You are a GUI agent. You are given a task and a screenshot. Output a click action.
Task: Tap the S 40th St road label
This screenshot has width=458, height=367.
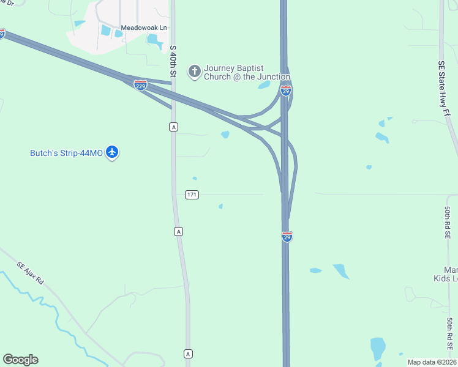click(173, 61)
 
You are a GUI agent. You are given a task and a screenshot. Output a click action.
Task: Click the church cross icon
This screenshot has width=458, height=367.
click(195, 72)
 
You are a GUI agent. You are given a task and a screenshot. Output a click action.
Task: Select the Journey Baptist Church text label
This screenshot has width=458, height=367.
click(247, 72)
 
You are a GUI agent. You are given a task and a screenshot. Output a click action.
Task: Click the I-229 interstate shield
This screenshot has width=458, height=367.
click(140, 84)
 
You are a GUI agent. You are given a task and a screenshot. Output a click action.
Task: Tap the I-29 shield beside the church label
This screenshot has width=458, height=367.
click(286, 91)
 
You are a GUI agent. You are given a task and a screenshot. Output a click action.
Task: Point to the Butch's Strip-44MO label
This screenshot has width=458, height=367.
click(66, 152)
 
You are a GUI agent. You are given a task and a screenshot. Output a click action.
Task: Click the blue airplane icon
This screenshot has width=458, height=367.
click(112, 152)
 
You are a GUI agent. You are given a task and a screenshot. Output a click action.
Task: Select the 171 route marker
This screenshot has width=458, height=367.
click(192, 195)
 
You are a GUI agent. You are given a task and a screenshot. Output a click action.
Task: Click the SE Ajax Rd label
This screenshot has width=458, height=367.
click(31, 272)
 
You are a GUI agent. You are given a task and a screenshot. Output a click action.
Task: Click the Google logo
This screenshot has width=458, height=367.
click(20, 360)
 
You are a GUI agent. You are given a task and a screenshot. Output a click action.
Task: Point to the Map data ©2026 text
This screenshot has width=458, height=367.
click(432, 362)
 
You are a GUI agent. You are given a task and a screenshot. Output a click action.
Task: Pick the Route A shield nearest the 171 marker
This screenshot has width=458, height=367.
click(178, 231)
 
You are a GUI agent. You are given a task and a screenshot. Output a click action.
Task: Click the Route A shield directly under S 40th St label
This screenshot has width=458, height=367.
click(174, 127)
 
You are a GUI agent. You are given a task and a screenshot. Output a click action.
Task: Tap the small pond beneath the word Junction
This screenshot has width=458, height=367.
click(264, 85)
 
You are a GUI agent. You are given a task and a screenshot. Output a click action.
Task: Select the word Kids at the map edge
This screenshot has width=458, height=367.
click(450, 279)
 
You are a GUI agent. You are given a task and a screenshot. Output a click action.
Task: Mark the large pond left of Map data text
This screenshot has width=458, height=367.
click(378, 348)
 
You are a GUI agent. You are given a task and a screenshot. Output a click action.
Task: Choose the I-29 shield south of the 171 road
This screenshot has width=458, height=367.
click(287, 237)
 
